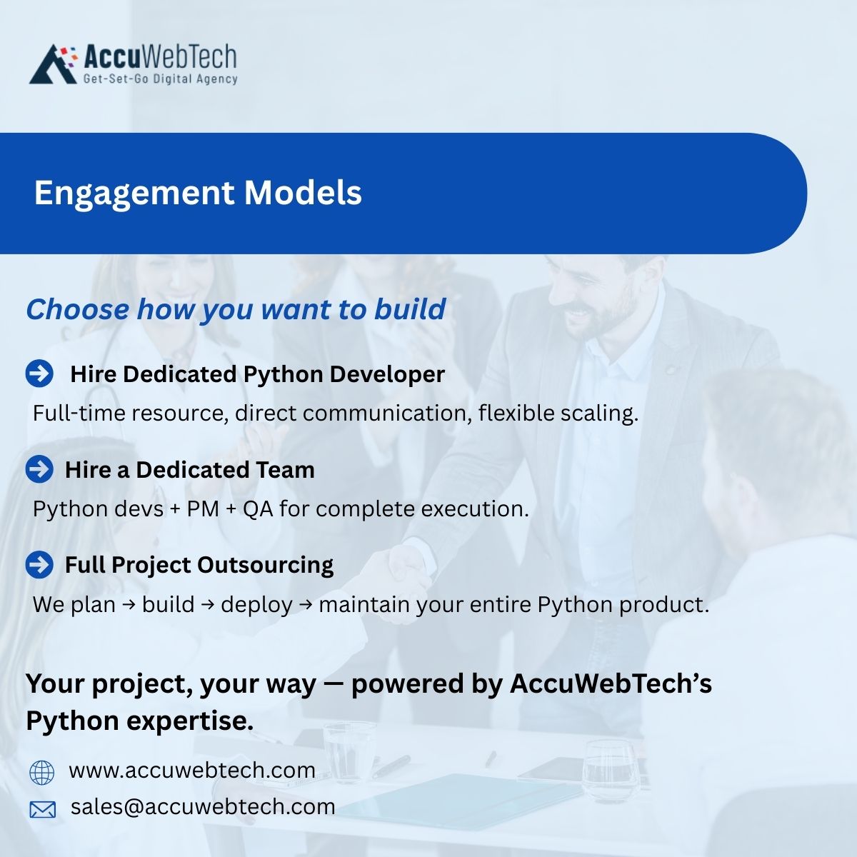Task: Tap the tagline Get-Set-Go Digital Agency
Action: (x=160, y=79)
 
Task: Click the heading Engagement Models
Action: (x=198, y=193)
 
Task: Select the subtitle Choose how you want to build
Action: (x=236, y=309)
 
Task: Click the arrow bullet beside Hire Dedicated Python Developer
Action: (x=39, y=374)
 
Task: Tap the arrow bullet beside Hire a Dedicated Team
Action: (x=39, y=469)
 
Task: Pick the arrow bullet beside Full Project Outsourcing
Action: (x=39, y=564)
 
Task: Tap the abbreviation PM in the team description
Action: (x=203, y=509)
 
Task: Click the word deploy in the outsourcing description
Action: (x=256, y=605)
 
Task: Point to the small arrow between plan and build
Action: (x=129, y=605)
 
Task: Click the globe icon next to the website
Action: (x=41, y=772)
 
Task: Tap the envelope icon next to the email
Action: (x=42, y=808)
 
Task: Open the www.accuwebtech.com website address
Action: (x=192, y=771)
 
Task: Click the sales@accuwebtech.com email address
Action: (x=203, y=807)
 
